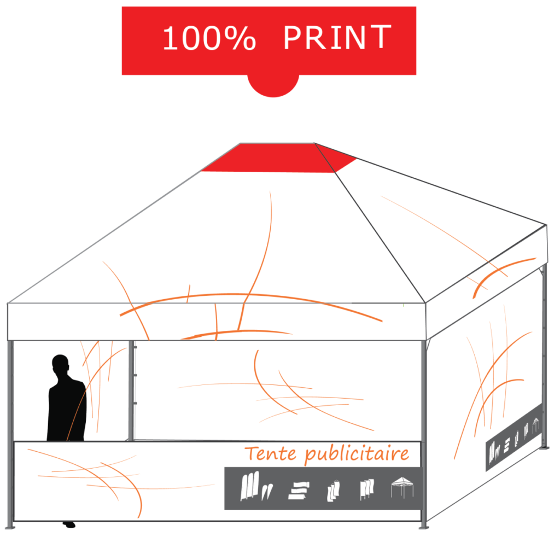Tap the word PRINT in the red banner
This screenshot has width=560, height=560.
[337, 38]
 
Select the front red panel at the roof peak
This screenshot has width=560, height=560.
[270, 158]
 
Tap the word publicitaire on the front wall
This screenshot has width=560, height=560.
[358, 454]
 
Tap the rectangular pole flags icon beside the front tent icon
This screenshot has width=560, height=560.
[365, 489]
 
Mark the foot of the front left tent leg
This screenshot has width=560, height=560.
[9, 527]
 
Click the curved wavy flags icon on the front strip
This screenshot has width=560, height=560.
[333, 490]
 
